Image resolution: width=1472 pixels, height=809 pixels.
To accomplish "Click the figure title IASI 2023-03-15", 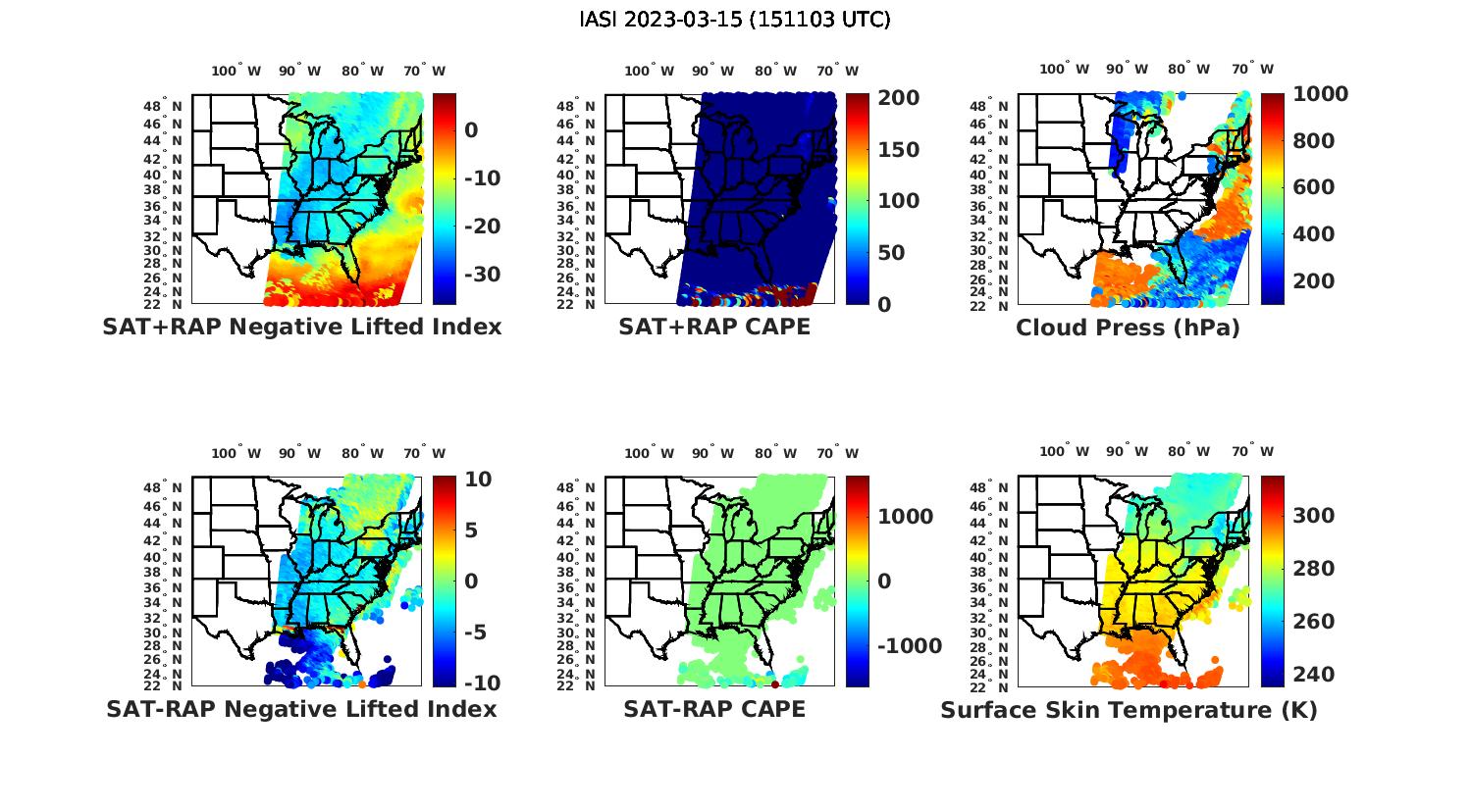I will [x=735, y=20].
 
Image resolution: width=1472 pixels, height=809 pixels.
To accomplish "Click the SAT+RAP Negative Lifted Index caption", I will [x=301, y=327].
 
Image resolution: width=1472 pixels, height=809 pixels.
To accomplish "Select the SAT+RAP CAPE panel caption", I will [x=714, y=327].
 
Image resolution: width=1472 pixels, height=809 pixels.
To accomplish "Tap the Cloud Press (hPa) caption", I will [x=1128, y=328].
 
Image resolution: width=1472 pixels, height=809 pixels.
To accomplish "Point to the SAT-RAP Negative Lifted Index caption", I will [x=301, y=709].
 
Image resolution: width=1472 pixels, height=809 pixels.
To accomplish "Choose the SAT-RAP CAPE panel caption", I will [x=714, y=709].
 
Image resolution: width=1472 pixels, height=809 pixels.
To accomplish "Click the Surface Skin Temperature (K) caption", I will [x=1129, y=710].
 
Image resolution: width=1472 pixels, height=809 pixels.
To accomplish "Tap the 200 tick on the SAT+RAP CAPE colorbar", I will [x=898, y=98].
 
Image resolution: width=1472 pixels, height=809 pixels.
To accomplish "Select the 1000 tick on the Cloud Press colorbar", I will [x=1320, y=94].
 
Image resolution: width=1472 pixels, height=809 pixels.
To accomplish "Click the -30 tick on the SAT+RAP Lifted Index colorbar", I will [x=482, y=274].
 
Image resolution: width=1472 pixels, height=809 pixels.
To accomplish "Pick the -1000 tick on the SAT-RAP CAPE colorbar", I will [x=909, y=646].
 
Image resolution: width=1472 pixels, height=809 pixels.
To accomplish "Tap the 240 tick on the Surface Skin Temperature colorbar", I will [x=1314, y=675].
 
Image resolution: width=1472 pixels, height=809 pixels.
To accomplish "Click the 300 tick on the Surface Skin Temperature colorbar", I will [x=1314, y=516].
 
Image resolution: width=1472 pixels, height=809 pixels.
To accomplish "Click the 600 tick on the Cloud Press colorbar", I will [x=1314, y=187].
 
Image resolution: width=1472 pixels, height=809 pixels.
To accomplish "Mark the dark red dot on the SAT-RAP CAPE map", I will [x=775, y=683].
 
